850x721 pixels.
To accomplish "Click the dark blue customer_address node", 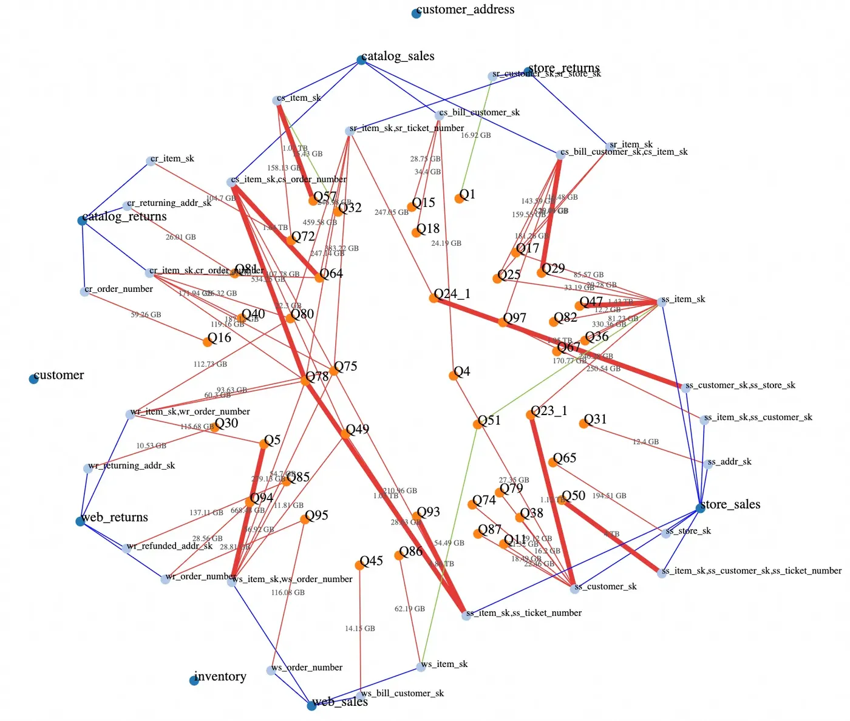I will click(416, 13).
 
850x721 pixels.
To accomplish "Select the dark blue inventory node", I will click(194, 680).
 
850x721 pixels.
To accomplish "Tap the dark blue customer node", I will click(33, 379).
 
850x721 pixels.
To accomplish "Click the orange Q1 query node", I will click(459, 198).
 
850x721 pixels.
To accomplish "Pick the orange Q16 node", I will click(208, 342).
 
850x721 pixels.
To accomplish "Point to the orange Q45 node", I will click(359, 565).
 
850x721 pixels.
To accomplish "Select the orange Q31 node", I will click(583, 424).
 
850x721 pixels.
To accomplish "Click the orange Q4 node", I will click(453, 376).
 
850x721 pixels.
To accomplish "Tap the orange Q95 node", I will click(305, 520).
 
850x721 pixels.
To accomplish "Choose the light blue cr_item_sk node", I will click(151, 161).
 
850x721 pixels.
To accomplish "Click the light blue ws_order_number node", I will click(271, 671).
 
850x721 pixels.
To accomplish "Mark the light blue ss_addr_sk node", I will click(709, 464).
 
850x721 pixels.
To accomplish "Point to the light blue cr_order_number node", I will click(84, 292).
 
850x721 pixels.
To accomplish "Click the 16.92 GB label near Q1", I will click(475, 135).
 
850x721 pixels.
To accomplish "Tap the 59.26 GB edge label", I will click(146, 315).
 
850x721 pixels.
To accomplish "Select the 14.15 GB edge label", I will click(360, 629).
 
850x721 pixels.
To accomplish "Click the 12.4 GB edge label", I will click(645, 442).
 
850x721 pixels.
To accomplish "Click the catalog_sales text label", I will click(398, 56).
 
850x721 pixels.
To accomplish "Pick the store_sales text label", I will click(730, 504).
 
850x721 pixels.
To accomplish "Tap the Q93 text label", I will click(429, 512).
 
